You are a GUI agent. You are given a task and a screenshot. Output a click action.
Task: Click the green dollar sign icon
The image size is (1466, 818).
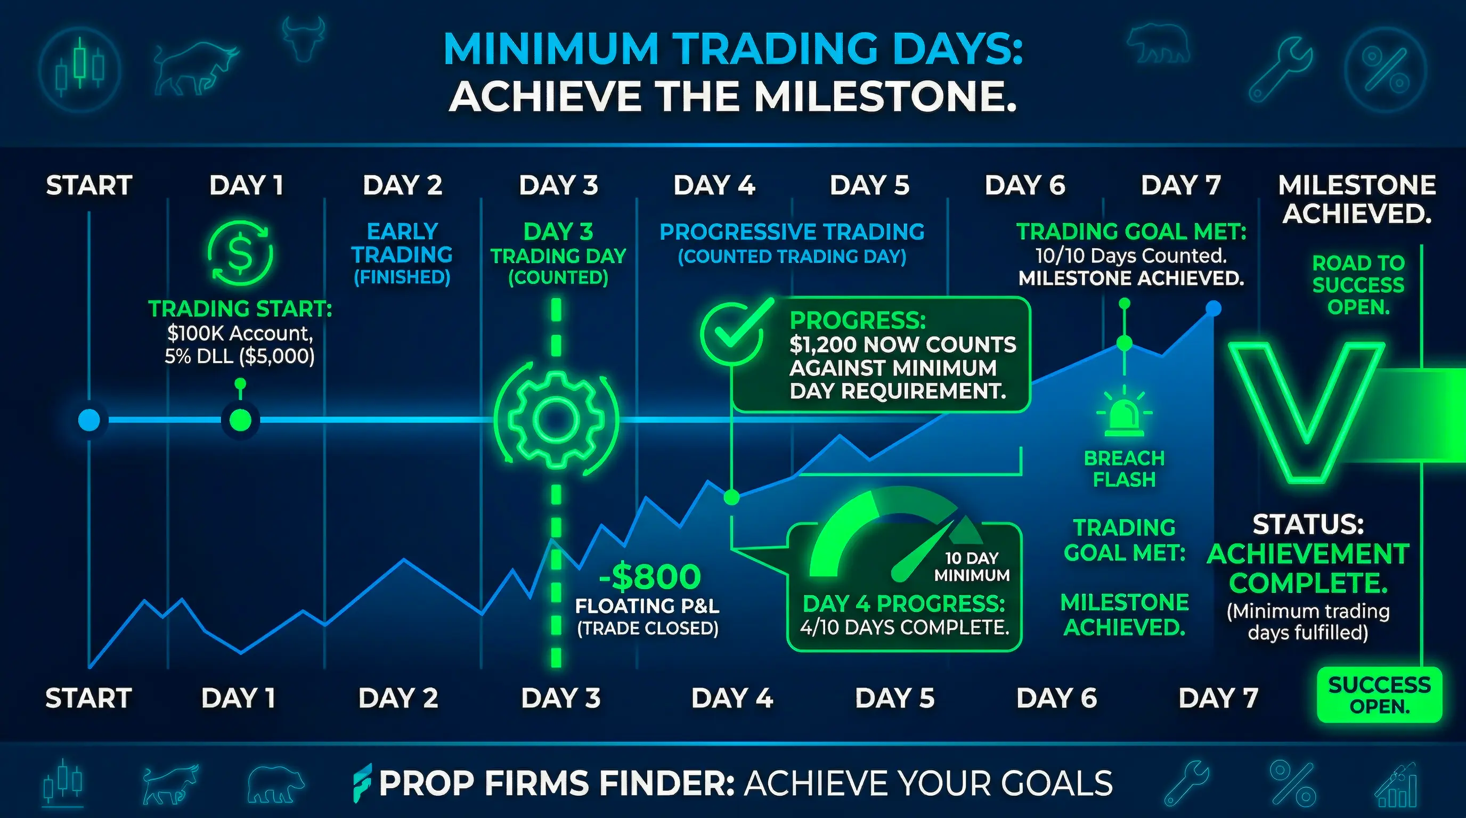240,253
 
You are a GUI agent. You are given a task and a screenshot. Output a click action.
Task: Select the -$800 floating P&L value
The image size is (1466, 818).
650,577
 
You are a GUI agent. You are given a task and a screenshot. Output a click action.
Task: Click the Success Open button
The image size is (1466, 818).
1380,695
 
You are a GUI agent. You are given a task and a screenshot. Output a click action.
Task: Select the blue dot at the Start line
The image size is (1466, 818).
89,420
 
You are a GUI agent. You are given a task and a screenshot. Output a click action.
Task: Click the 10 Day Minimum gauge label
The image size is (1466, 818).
972,567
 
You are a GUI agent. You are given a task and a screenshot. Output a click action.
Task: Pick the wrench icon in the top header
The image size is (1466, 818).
1280,69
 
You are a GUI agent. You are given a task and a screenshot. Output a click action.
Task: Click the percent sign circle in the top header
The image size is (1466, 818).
1385,70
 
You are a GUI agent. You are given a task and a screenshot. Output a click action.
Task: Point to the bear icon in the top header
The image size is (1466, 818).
1158,44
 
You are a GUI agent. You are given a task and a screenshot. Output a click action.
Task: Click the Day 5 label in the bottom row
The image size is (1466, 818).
894,698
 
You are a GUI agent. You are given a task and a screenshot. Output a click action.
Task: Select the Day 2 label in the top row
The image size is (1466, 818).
402,185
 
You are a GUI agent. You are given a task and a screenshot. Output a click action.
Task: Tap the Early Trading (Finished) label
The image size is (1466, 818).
402,253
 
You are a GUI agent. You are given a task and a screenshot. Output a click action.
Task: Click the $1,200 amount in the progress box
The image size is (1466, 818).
821,345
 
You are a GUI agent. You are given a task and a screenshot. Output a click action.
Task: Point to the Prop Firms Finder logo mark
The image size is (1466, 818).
362,783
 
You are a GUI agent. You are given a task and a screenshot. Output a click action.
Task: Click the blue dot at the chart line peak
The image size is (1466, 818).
1213,308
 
